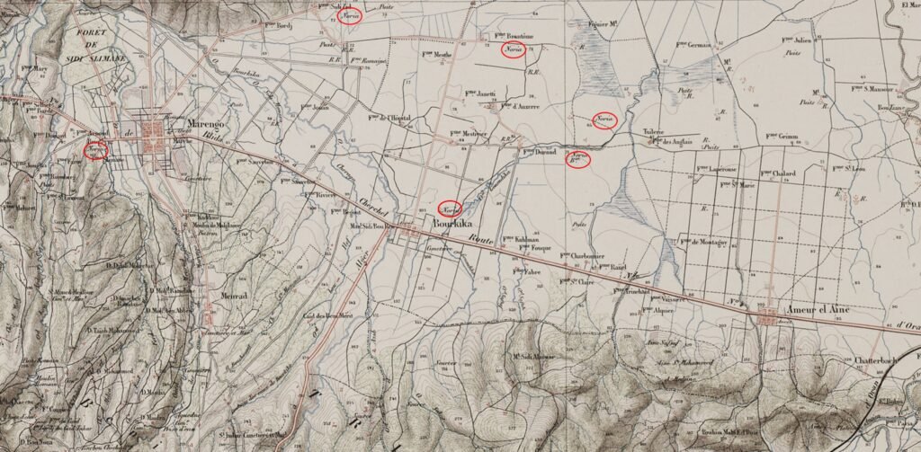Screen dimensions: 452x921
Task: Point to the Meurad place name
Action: point(231,294)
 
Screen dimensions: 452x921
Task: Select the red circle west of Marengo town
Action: point(95,149)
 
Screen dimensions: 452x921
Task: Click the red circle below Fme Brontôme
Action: point(514,49)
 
